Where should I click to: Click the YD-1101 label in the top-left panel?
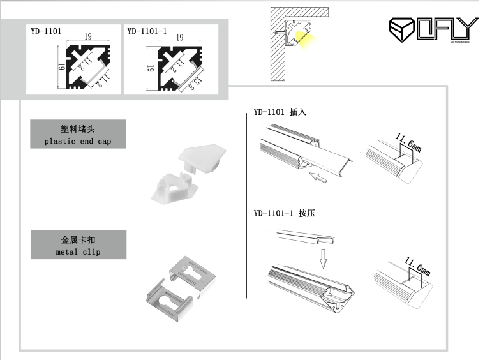45,31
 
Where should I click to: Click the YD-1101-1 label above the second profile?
147,31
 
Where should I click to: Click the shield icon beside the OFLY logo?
401,29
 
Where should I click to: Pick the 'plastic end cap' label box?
78,134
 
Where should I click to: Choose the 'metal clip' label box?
78,245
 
